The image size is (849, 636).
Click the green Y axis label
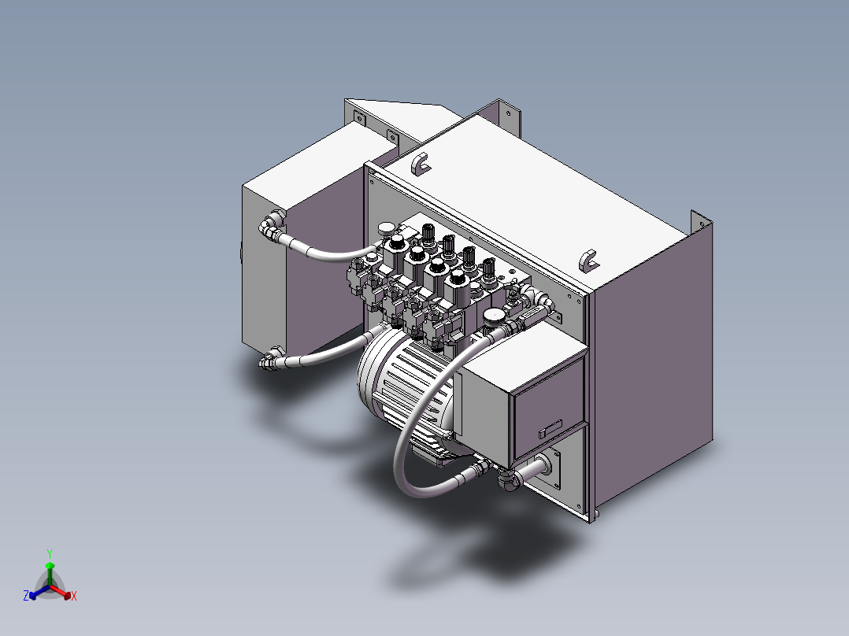click(49, 553)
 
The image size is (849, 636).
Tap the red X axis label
click(73, 597)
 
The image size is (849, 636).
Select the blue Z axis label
click(26, 597)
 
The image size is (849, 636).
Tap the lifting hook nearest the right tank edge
click(587, 260)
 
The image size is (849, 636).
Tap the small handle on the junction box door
click(549, 428)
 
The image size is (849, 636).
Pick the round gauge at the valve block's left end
click(387, 229)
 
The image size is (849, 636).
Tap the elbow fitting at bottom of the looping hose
click(508, 477)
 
